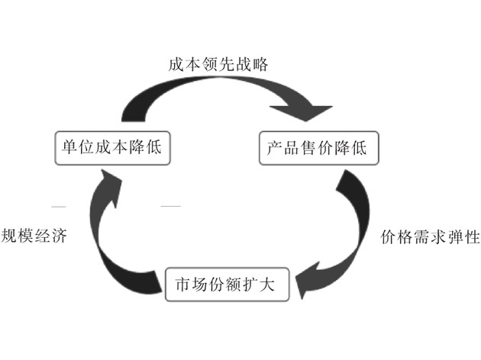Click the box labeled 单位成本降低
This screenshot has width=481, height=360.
click(x=111, y=147)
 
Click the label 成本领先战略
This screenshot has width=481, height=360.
click(x=218, y=64)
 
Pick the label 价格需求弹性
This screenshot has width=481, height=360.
click(x=430, y=236)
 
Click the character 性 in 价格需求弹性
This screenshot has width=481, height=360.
click(x=471, y=236)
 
